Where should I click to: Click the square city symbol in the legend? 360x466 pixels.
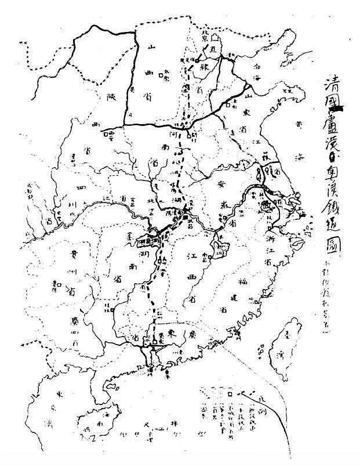tap(230, 393)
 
